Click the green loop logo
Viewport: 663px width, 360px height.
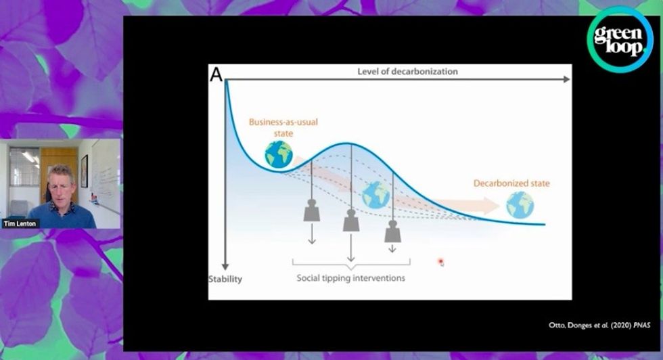pos(620,39)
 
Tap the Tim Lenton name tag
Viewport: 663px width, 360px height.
pos(20,223)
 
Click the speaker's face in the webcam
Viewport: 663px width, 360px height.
pos(62,185)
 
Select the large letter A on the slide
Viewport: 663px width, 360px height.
pos(216,75)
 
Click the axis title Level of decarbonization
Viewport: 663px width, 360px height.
pos(407,72)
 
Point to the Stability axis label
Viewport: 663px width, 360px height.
pos(225,279)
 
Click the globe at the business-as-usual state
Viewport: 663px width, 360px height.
pos(279,154)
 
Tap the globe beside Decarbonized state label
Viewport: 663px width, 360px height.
pos(520,205)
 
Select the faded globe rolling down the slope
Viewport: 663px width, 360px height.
pos(375,195)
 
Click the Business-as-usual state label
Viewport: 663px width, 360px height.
pos(283,127)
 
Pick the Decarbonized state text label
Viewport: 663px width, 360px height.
pos(511,183)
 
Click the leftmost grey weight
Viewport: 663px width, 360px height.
pos(312,210)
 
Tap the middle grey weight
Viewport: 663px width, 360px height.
pos(351,220)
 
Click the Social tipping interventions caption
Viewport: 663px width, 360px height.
pos(351,278)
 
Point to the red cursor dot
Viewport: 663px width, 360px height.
pos(440,261)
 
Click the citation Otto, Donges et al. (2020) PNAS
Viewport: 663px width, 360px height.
pos(599,325)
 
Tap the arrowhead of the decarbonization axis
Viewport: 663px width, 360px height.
pos(567,79)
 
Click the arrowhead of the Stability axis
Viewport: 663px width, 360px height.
pos(225,267)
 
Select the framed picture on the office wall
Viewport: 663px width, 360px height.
pos(85,171)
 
